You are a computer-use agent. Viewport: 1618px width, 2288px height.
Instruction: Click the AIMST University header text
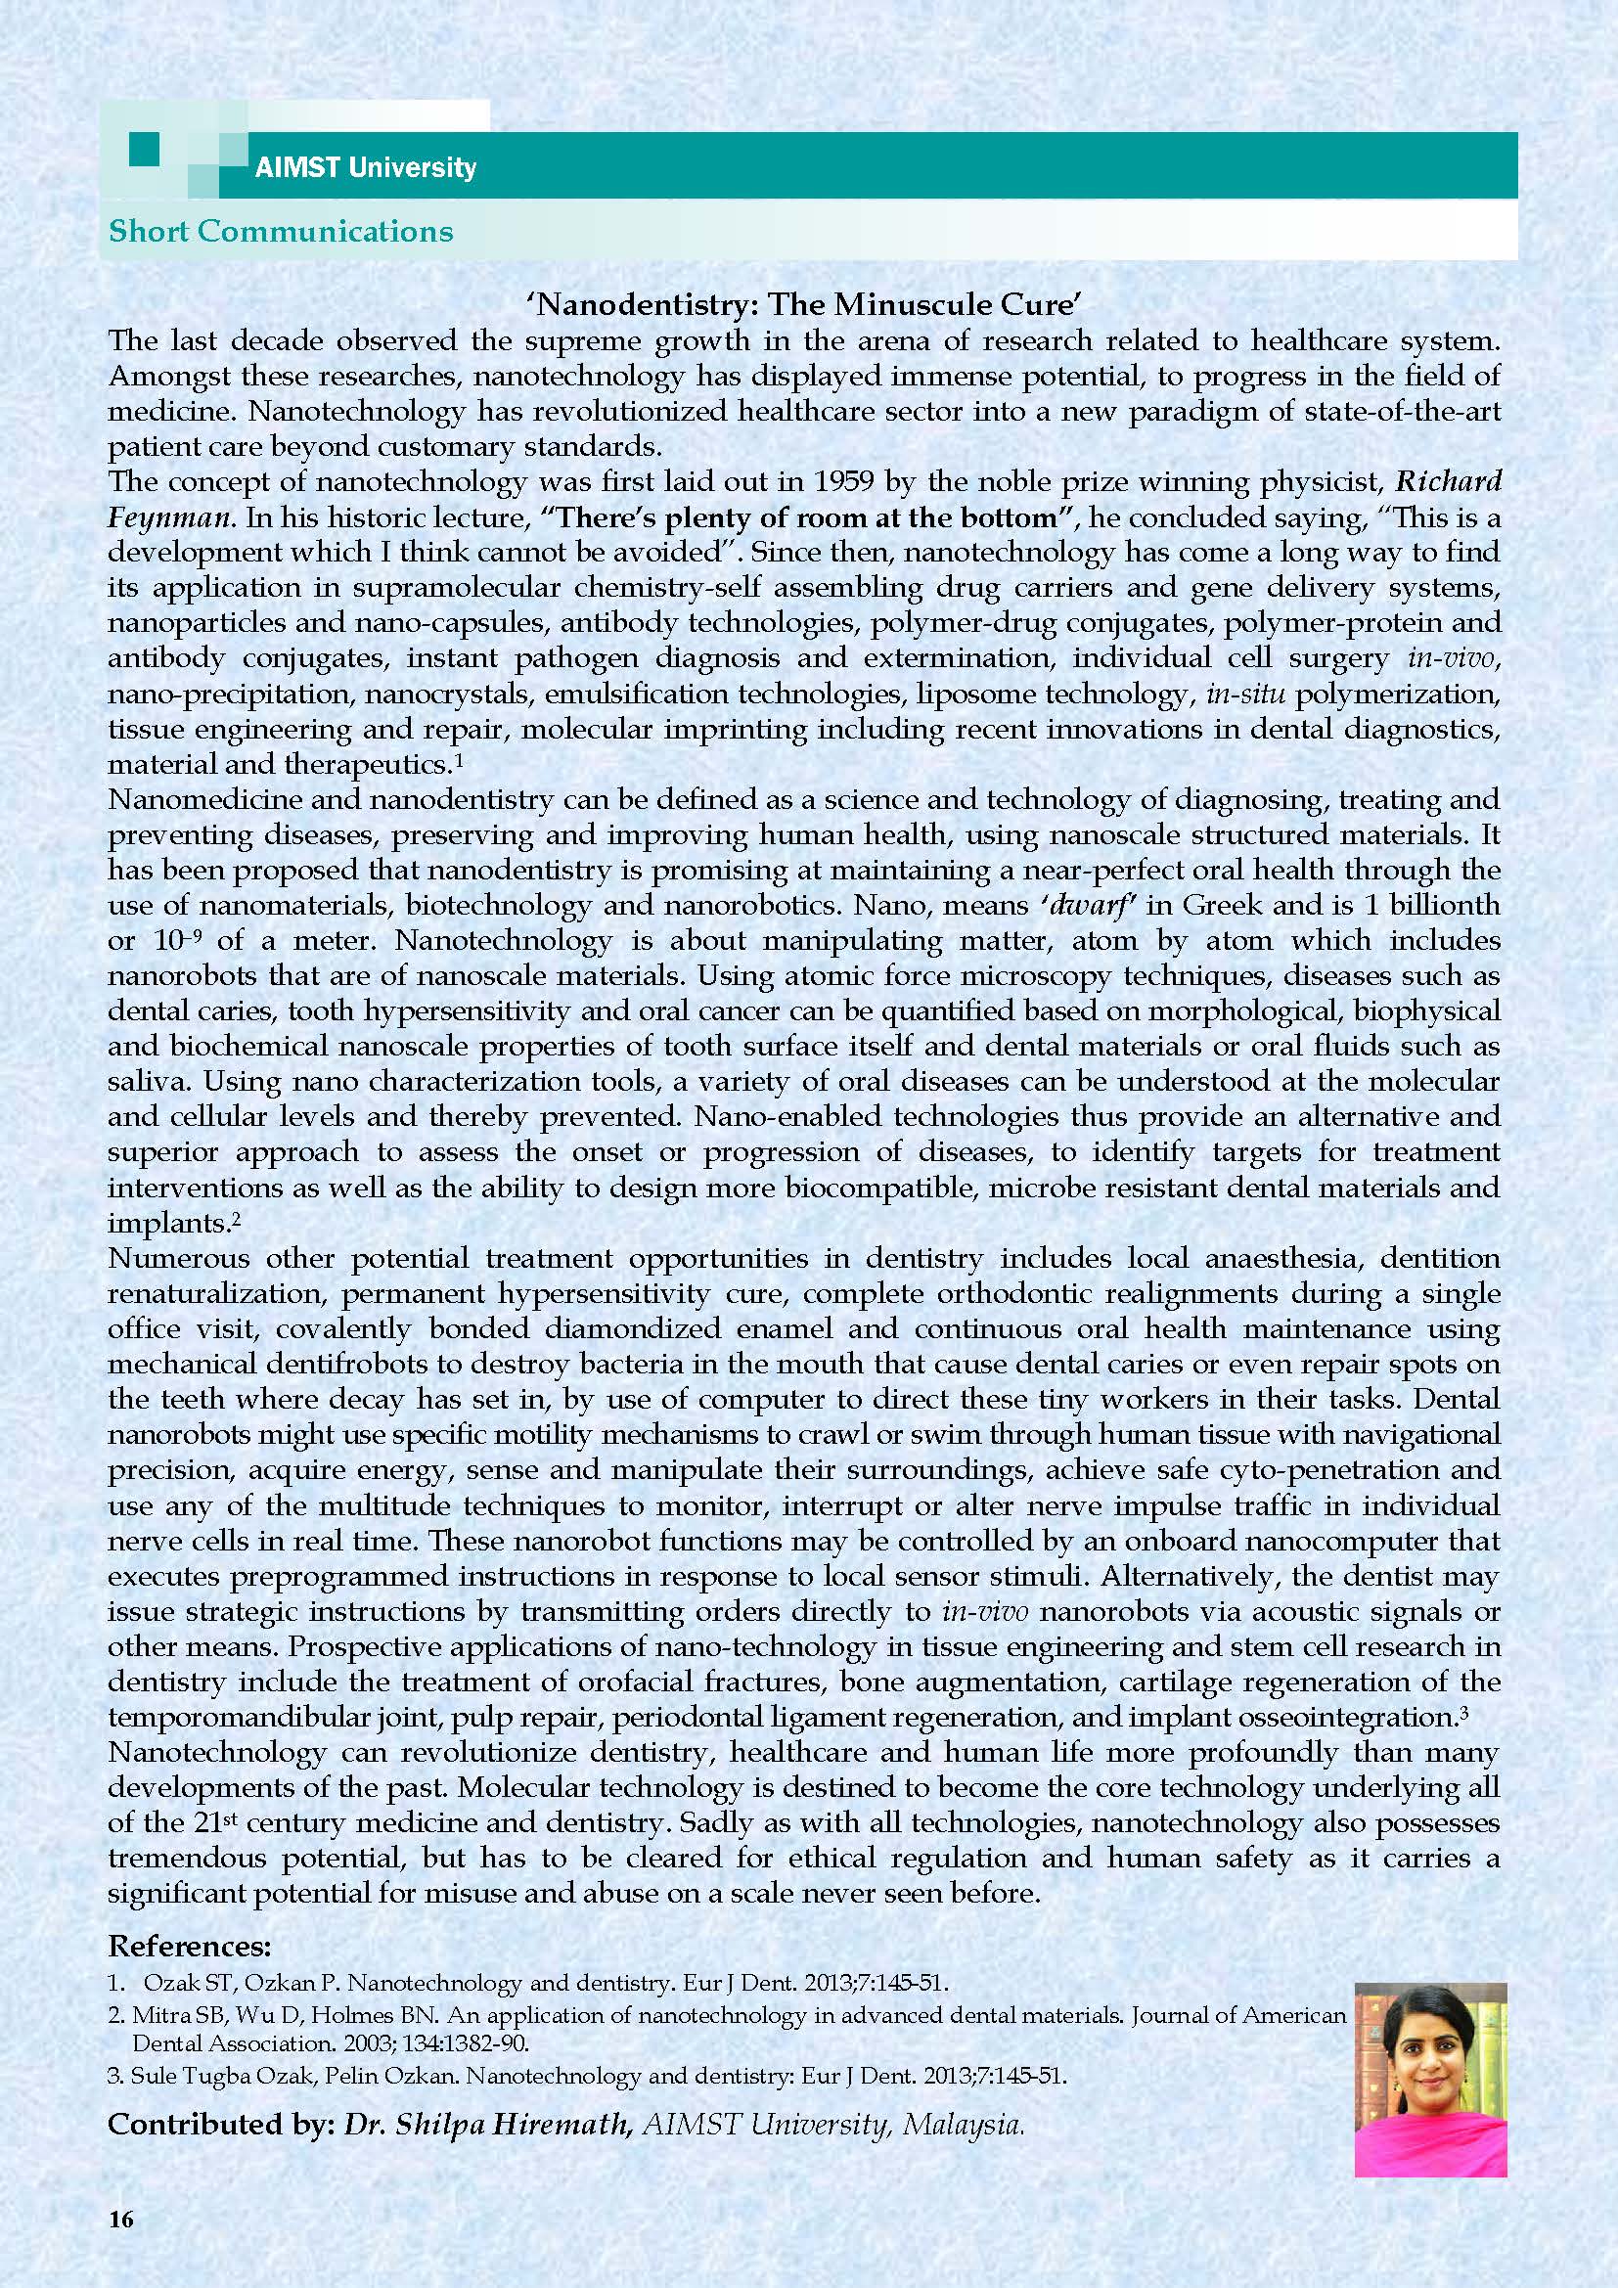(365, 167)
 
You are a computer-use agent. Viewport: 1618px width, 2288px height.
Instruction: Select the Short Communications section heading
(280, 231)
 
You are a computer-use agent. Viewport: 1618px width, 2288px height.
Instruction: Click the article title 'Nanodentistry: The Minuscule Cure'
(802, 304)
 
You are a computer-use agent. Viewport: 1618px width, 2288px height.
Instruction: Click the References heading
(190, 1946)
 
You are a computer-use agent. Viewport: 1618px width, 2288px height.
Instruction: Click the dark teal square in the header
(145, 152)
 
